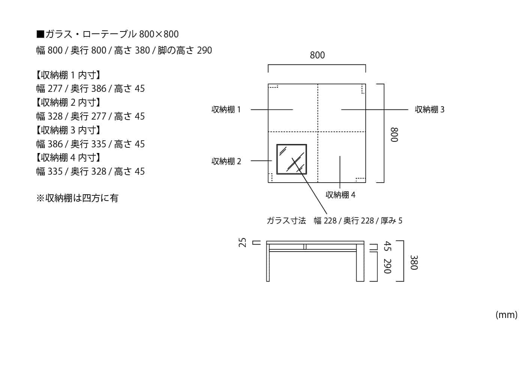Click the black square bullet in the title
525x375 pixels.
[x=40, y=34]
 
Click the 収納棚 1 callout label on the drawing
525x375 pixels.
[x=226, y=109]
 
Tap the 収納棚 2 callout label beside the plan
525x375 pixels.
[x=226, y=161]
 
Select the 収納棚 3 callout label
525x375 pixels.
[x=429, y=109]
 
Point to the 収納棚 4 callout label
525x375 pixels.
[x=340, y=195]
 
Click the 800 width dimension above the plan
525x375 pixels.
[x=317, y=55]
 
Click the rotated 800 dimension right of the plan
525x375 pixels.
[x=394, y=135]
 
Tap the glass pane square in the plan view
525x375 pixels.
[x=292, y=159]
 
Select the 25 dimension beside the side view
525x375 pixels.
[x=243, y=243]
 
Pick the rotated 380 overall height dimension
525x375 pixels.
[x=414, y=262]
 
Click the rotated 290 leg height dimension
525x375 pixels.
[x=387, y=266]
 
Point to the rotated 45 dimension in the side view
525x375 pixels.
[x=387, y=246]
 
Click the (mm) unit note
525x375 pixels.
[x=506, y=315]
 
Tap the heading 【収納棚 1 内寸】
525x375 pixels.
[x=68, y=75]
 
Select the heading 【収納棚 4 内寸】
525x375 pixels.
[x=68, y=158]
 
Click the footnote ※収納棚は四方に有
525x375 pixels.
[x=77, y=198]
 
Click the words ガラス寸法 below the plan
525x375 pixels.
[x=286, y=221]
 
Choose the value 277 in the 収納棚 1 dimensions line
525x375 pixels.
[x=55, y=89]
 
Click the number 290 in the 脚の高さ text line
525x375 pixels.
[x=204, y=50]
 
